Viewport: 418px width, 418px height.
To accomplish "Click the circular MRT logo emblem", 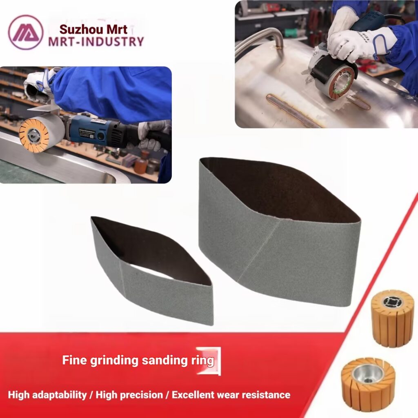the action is pyautogui.click(x=26, y=32).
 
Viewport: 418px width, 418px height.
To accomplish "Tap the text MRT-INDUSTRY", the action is pyautogui.click(x=96, y=42).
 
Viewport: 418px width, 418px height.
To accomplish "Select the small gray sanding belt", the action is pyautogui.click(x=152, y=271).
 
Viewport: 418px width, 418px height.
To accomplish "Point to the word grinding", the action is pyautogui.click(x=114, y=361).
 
